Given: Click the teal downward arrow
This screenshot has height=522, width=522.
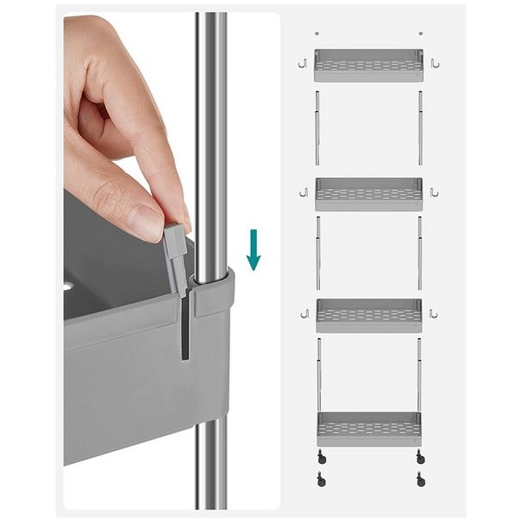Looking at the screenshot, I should [x=252, y=250].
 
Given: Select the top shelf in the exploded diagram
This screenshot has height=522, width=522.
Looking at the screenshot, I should [x=368, y=65].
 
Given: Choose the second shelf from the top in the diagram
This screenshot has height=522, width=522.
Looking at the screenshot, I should [x=368, y=194].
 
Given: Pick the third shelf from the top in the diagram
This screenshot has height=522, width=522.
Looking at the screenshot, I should [x=368, y=315].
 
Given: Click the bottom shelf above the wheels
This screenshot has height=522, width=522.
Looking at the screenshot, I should [x=368, y=425].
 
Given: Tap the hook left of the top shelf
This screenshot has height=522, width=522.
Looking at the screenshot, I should [x=302, y=63].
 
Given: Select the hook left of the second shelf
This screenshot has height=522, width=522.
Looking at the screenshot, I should [x=302, y=193].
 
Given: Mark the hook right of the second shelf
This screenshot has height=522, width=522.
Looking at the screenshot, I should [x=435, y=193].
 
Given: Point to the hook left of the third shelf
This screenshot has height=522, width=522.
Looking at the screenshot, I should [x=302, y=314].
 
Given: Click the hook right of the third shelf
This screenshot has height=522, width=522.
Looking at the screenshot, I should [x=435, y=314].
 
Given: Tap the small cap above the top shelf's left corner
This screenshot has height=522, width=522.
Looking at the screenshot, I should [x=317, y=34].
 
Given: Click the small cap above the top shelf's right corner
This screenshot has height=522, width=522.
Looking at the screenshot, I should [x=419, y=34].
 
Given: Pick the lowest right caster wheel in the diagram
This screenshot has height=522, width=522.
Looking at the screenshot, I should [x=419, y=480].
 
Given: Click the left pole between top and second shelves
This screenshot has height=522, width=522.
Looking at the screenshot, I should [x=317, y=128].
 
